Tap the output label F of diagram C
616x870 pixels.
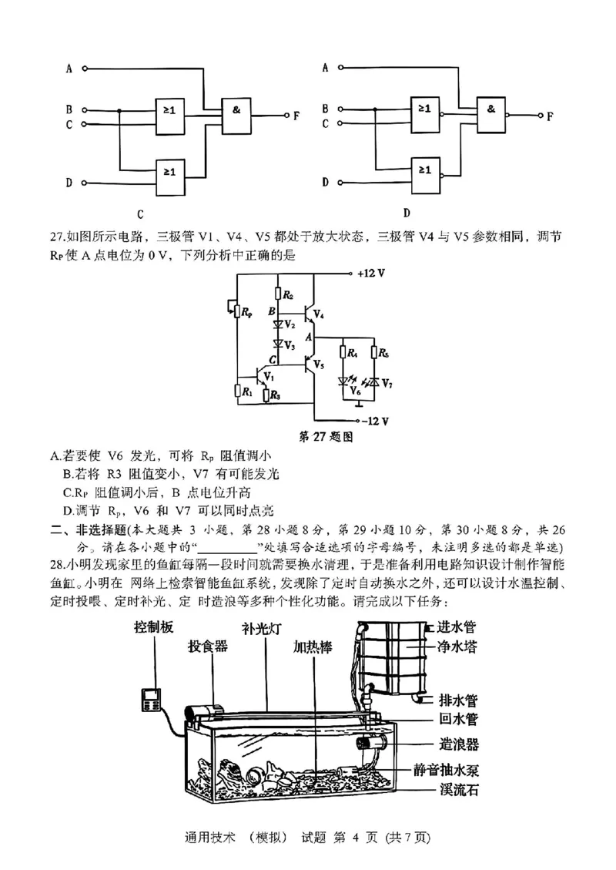point(296,116)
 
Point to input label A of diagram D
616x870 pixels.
point(325,67)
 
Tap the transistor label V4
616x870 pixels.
point(319,316)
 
